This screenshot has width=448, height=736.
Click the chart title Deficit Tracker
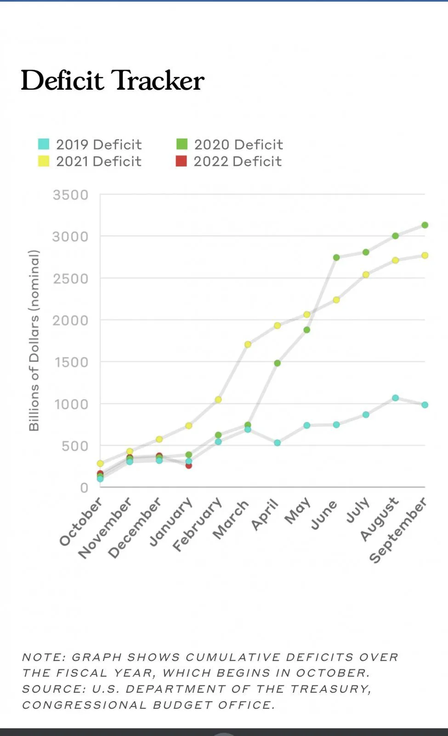point(113,80)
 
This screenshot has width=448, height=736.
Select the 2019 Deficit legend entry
point(90,144)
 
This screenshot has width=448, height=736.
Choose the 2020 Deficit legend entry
point(230,144)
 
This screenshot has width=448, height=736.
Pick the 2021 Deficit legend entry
point(90,161)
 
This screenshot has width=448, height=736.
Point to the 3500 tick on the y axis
point(70,195)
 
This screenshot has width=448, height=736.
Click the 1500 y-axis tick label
point(71,362)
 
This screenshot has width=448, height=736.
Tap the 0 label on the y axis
point(84,488)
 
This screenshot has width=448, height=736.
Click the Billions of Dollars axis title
point(34,340)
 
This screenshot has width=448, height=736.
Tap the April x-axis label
point(266,514)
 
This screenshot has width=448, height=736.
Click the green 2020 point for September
point(425,225)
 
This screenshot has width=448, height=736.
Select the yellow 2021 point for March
point(248,344)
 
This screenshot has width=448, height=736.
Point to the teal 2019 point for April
point(278,443)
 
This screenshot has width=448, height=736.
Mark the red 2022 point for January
point(188,466)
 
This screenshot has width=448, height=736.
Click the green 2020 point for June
point(336,258)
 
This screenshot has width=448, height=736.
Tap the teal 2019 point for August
point(396,398)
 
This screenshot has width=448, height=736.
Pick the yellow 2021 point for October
point(100,463)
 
